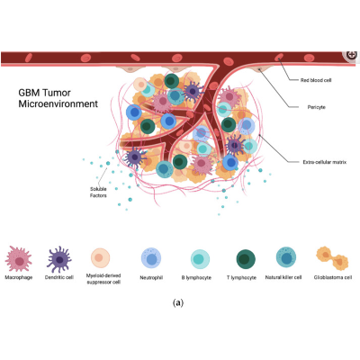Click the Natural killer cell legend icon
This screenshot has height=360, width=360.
[x=287, y=259]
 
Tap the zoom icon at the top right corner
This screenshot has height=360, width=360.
[x=351, y=56]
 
